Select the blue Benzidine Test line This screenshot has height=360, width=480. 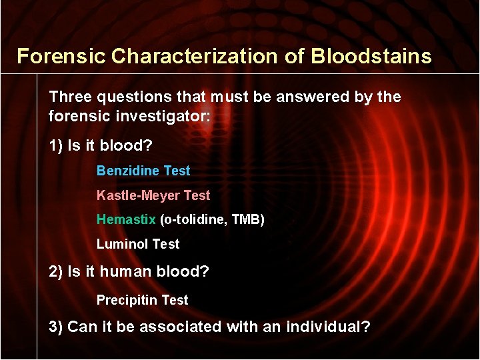point(143,171)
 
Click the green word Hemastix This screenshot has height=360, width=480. point(126,219)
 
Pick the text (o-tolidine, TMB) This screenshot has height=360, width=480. point(212,219)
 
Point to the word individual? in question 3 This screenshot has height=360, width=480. point(329,327)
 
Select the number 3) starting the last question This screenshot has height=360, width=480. point(57,327)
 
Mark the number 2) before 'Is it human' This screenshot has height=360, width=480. point(57,272)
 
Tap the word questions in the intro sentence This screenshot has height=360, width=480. point(128,97)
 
